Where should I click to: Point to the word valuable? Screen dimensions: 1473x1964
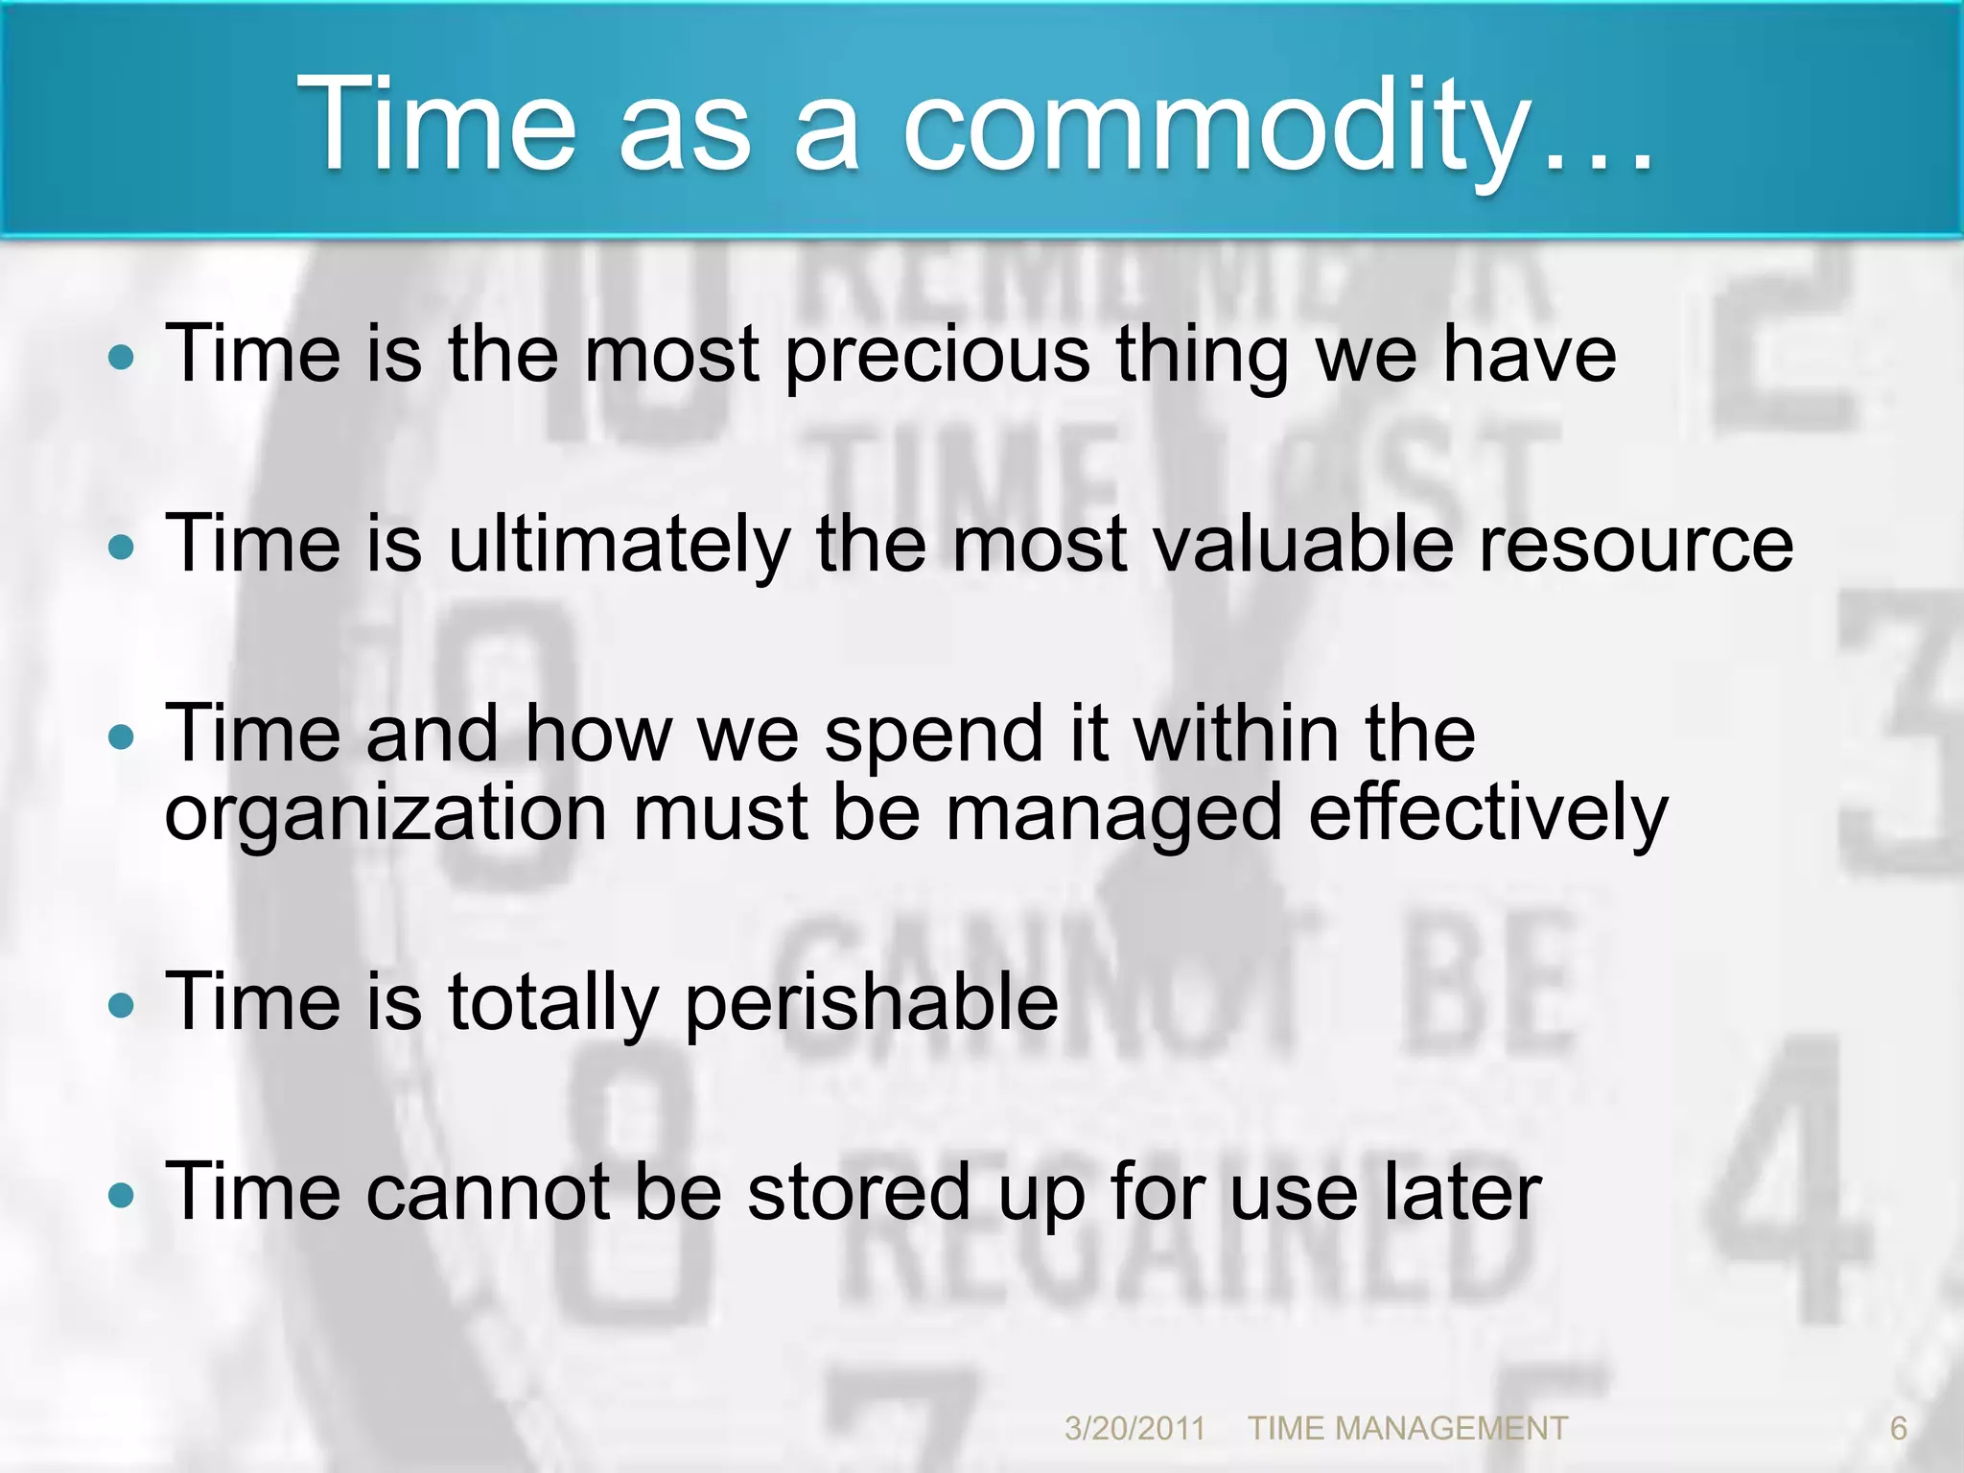pos(1302,545)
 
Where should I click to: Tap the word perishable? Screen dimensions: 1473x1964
pos(872,1003)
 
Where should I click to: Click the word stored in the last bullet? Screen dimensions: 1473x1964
pos(858,1192)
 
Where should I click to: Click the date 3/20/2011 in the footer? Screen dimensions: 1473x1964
pos(1134,1428)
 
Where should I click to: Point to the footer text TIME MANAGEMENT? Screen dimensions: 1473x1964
pos(1407,1428)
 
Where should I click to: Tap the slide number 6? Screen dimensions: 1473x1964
pos(1898,1428)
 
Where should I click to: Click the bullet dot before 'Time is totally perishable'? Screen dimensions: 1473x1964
pos(122,1006)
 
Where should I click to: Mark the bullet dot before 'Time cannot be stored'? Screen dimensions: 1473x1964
pos(122,1195)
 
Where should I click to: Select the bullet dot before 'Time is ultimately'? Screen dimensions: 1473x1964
pos(122,549)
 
